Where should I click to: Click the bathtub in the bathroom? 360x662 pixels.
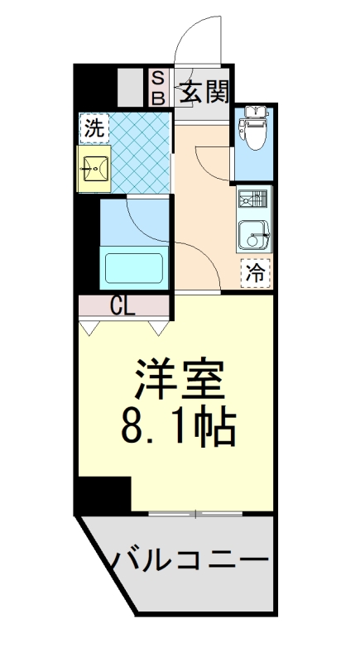[133, 268]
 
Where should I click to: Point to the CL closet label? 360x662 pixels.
[123, 305]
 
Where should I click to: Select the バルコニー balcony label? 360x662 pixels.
[191, 559]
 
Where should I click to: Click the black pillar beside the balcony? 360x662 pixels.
[103, 496]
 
